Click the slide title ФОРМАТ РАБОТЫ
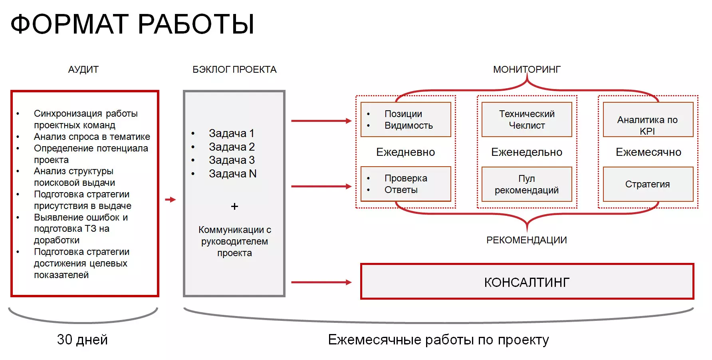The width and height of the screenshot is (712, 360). tap(132, 24)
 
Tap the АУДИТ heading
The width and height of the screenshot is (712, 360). tap(83, 70)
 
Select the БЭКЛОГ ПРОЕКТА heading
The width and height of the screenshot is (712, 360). tap(234, 70)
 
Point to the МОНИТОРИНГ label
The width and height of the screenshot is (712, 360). tap(527, 70)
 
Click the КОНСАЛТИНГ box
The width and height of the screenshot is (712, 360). tap(527, 281)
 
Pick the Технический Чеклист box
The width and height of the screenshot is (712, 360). tap(527, 119)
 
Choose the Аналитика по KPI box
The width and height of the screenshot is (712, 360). tap(648, 119)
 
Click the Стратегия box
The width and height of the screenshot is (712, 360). tap(648, 184)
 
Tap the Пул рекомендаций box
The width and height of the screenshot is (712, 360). tap(527, 184)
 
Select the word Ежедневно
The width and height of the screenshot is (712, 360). tap(406, 152)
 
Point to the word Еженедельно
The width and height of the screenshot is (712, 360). tap(527, 152)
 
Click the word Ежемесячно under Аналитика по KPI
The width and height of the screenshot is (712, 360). tap(649, 152)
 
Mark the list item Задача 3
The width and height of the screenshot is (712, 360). tap(232, 160)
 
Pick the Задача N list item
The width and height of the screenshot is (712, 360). tap(233, 174)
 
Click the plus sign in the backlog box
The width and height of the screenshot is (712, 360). tap(234, 207)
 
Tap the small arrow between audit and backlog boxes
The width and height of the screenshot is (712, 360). tap(171, 199)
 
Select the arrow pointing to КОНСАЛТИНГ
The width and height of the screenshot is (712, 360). tap(321, 282)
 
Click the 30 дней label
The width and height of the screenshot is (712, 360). tap(82, 340)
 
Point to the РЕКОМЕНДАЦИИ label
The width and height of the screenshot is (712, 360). tap(527, 240)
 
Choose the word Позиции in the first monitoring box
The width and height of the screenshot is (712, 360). tap(403, 114)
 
